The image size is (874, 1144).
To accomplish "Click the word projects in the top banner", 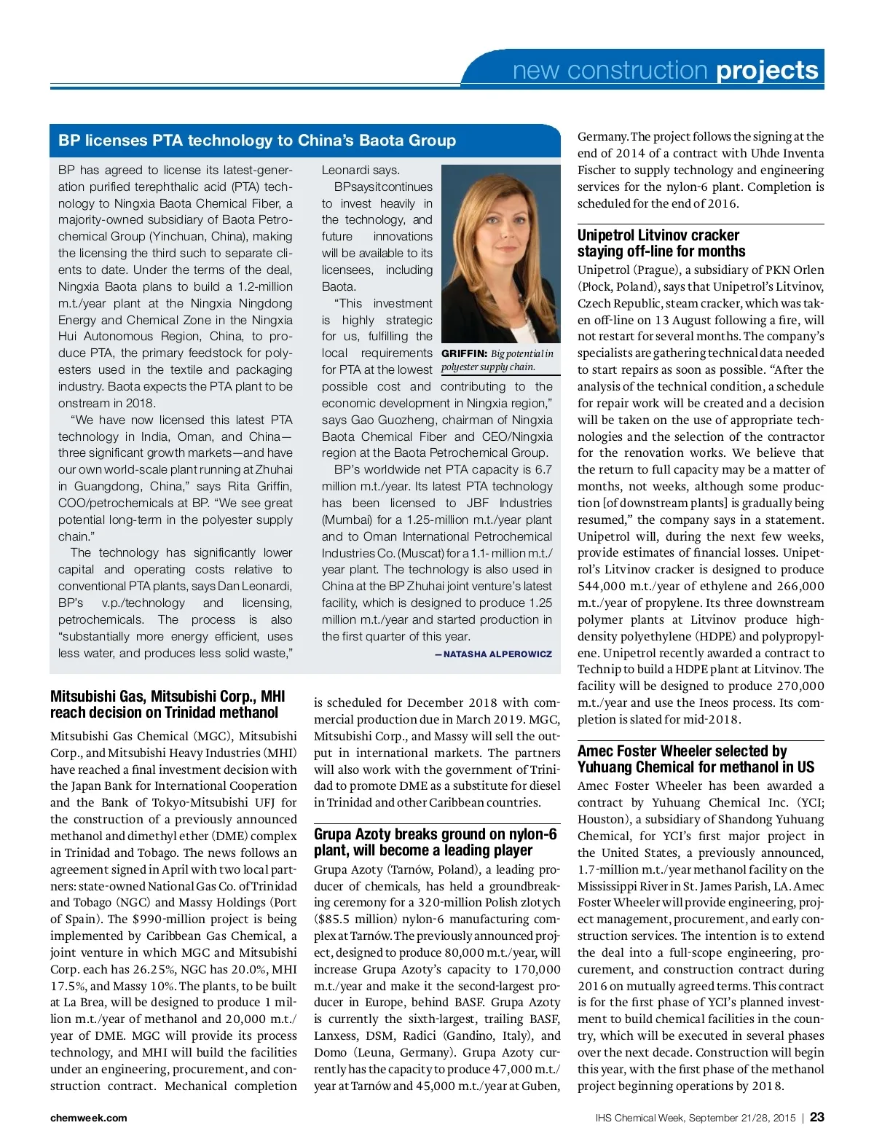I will coord(768,71).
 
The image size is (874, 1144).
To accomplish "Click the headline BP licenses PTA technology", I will coord(257,141).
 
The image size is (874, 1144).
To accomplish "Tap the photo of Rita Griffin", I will coord(501,254).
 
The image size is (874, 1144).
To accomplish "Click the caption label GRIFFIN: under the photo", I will coord(465,353).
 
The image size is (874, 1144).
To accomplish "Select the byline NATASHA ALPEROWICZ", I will coord(497,654).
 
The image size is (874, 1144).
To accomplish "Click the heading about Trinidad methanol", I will coord(168,705).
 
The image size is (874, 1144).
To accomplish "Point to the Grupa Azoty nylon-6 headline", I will coord(436,842).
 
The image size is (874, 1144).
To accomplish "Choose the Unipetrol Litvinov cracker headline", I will coord(661,243).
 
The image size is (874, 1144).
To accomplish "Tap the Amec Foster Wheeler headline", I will coord(696,759).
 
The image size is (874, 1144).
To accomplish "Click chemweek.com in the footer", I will coord(89,1118).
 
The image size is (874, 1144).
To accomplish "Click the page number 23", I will coord(817,1117).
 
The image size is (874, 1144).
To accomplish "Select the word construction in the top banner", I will coord(637,71).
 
